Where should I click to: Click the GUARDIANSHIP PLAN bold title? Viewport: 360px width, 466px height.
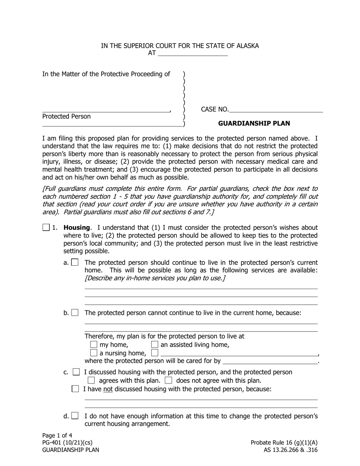254,124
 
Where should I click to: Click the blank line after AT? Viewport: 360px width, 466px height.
192,53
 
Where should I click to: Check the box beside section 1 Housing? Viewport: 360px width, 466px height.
46,228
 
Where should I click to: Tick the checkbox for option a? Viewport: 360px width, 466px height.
75,262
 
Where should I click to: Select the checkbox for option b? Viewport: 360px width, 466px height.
75,313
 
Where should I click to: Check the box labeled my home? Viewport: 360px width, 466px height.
94,344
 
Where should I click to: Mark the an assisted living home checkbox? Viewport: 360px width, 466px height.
155,344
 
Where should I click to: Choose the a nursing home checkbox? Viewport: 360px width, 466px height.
94,353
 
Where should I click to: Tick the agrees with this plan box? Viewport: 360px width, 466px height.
91,380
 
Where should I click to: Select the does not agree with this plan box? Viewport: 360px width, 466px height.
169,380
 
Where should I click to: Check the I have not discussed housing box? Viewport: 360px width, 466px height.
75,389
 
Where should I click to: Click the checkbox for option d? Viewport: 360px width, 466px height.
75,416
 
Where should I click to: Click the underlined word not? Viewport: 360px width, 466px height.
108,389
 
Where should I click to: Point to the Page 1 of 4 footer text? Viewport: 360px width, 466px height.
57,435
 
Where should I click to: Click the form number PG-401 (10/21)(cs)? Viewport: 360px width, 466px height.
67,443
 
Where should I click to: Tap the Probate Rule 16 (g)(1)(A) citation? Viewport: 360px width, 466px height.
284,443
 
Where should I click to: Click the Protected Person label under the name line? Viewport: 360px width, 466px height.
66,117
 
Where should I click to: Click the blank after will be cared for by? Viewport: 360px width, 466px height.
270,361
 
